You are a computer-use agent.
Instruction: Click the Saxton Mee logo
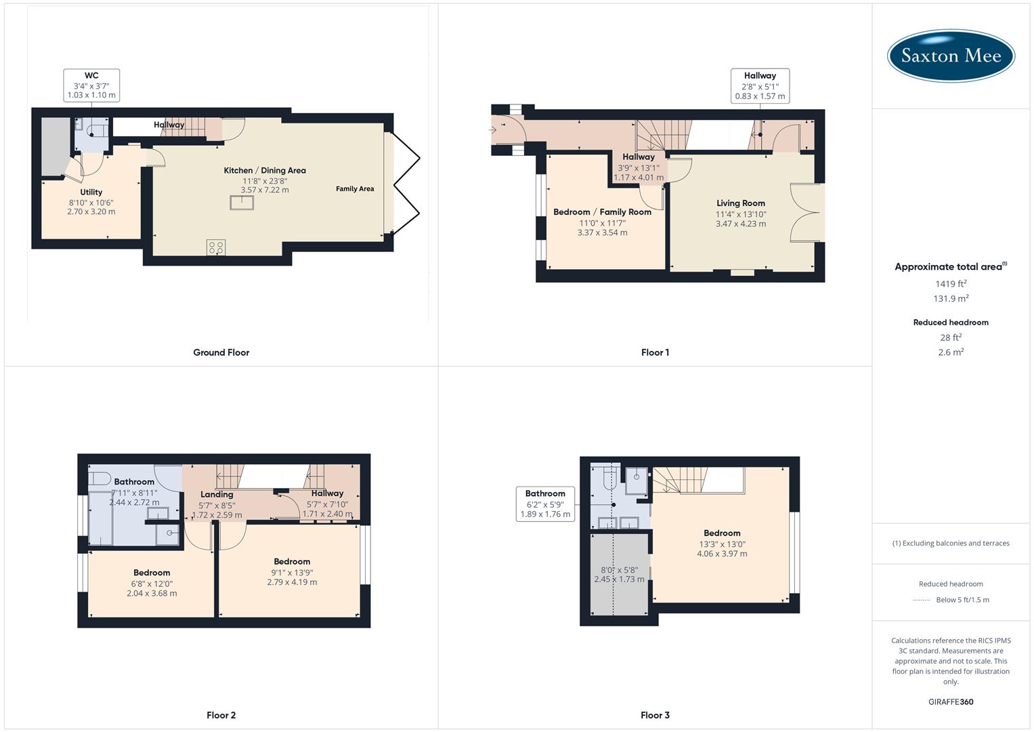[951, 56]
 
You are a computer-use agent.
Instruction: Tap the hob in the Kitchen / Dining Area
[216, 248]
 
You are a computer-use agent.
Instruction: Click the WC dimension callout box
[91, 85]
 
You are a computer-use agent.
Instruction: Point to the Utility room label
[91, 192]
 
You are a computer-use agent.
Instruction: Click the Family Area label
[355, 188]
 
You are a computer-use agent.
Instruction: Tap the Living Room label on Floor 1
[741, 203]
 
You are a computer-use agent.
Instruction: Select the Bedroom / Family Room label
[602, 211]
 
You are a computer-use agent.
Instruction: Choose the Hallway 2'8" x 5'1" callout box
[760, 86]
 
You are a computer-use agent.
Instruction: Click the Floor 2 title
[221, 715]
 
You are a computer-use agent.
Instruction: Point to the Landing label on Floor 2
[217, 494]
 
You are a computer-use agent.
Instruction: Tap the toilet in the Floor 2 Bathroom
[100, 479]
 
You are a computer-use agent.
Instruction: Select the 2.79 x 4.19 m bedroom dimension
[292, 582]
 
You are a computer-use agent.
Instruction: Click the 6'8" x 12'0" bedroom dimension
[152, 583]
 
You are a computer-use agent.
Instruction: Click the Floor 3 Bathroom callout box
[545, 504]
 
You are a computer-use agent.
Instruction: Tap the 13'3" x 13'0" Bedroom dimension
[722, 544]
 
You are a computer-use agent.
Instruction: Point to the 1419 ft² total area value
[951, 284]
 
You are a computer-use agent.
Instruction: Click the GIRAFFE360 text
[951, 701]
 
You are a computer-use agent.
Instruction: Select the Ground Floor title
[221, 352]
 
